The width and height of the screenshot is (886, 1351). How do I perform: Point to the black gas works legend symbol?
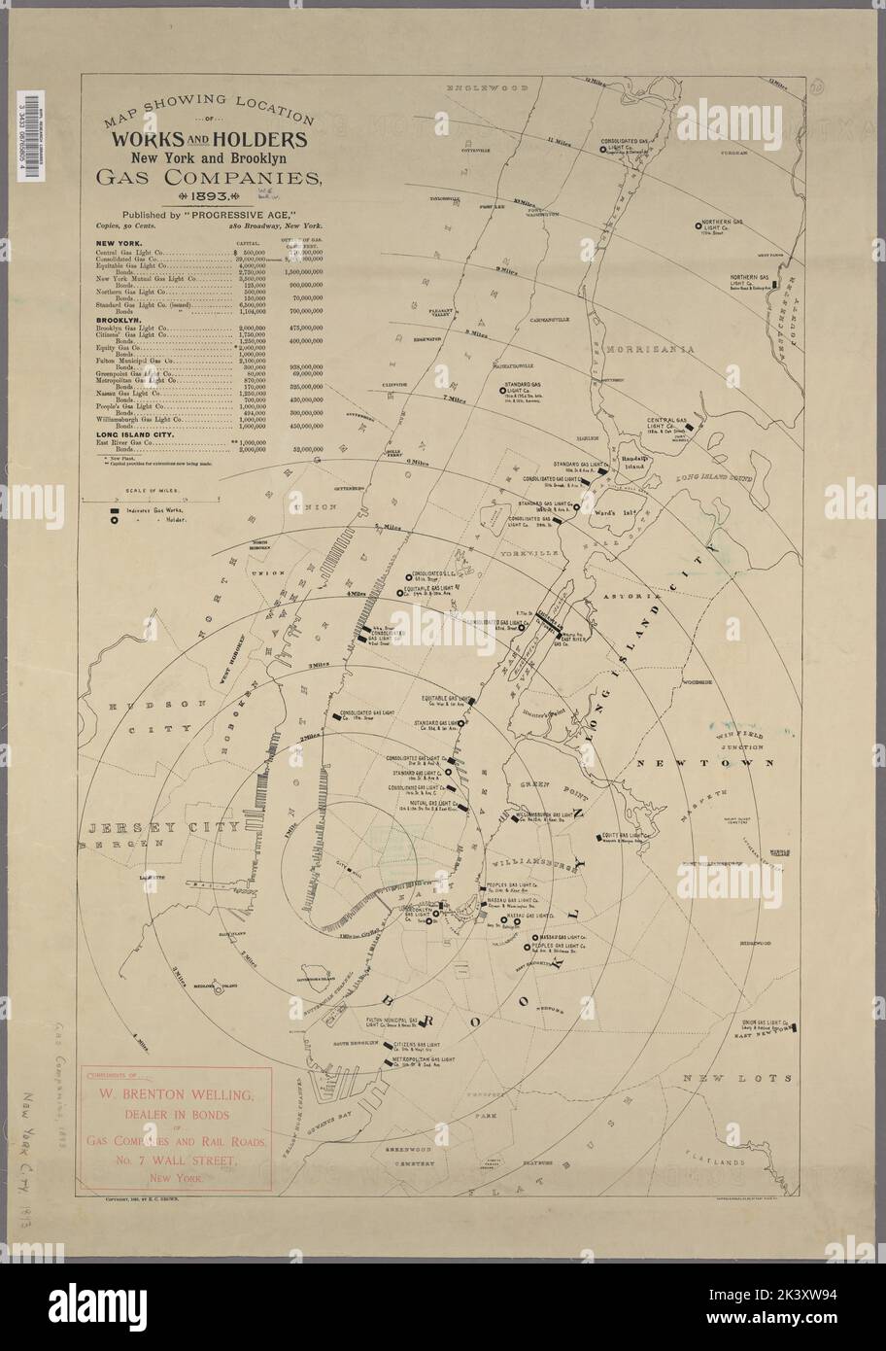click(114, 509)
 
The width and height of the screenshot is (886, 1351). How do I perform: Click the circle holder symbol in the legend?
click(114, 520)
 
